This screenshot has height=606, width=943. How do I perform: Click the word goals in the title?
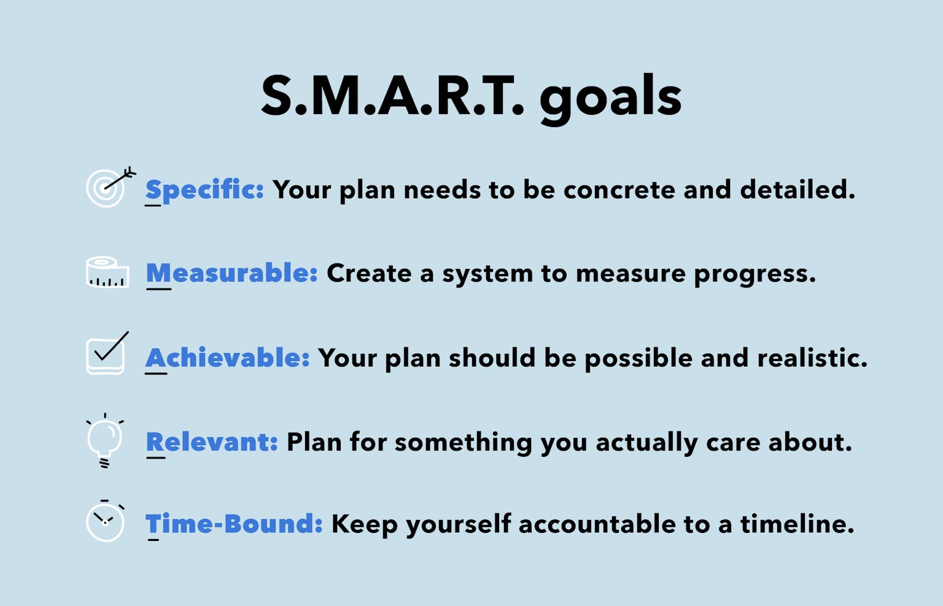tap(610, 98)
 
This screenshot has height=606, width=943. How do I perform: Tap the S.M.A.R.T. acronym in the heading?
tap(393, 97)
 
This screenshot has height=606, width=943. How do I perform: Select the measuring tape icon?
tap(107, 273)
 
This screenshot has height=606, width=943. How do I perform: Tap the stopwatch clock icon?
tap(106, 522)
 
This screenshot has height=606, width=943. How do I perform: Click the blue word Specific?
tap(204, 190)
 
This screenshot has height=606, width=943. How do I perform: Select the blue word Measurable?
tap(231, 273)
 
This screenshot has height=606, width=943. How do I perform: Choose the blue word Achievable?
tap(227, 358)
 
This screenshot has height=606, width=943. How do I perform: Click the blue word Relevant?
tap(212, 442)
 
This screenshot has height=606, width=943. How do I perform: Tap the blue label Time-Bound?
tap(234, 524)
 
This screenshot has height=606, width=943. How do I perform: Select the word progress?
tap(754, 274)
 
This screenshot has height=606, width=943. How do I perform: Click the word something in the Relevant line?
tap(463, 443)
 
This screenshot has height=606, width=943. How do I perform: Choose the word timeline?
tap(796, 524)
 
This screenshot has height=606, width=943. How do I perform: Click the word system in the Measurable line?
tap(487, 274)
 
